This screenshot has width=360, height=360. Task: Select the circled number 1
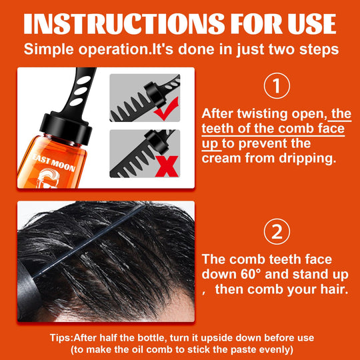click(x=276, y=85)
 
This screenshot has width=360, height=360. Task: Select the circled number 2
click(x=276, y=231)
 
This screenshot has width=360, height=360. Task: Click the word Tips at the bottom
click(x=64, y=337)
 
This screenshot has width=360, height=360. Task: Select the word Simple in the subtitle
click(x=49, y=49)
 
